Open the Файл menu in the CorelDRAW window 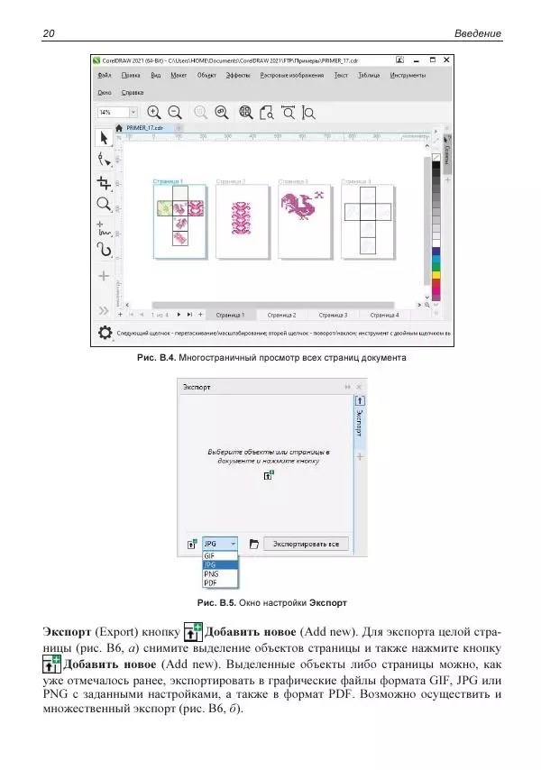[x=105, y=76]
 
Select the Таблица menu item [x=369, y=76]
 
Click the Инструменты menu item [x=408, y=76]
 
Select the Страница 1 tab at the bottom [x=230, y=316]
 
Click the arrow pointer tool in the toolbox [x=105, y=138]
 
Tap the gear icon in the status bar [x=105, y=333]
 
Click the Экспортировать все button [x=307, y=544]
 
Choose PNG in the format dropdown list [x=212, y=573]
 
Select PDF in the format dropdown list [x=211, y=583]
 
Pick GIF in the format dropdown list [x=210, y=556]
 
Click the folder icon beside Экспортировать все [x=253, y=544]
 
